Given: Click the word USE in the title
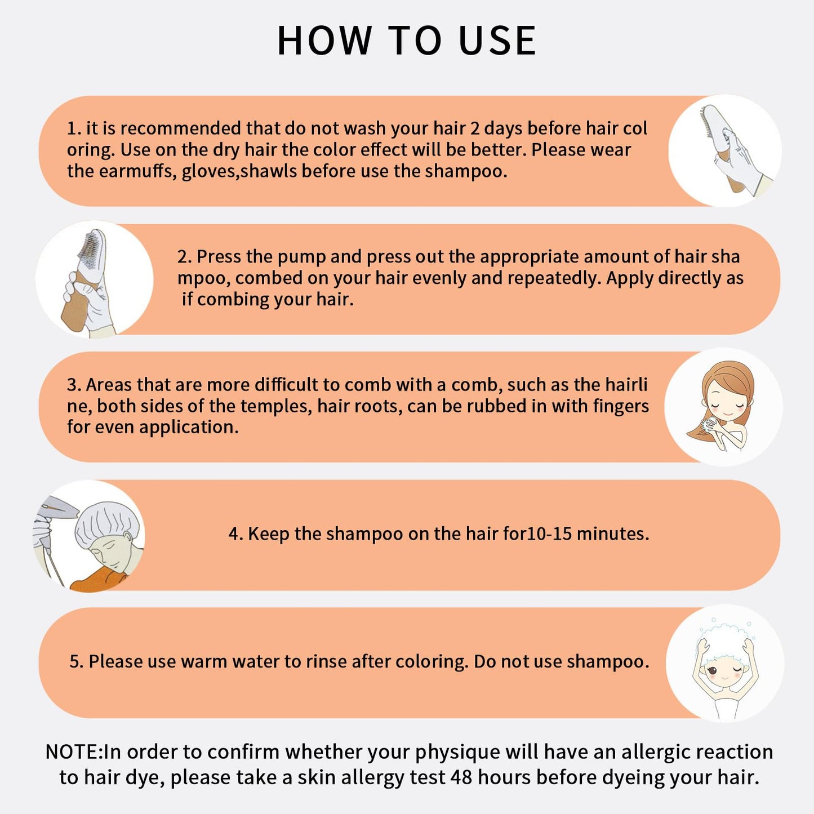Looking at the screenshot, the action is (x=497, y=41).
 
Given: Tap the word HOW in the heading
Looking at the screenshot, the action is (x=324, y=41).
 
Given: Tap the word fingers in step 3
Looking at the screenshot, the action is (x=621, y=406).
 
